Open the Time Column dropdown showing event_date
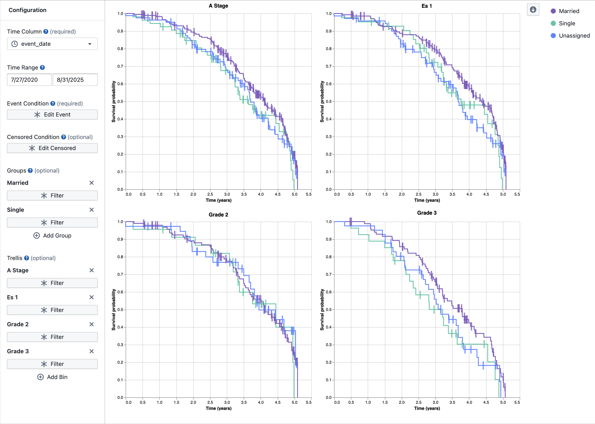point(52,44)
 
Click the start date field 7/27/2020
point(29,80)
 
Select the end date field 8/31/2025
point(75,80)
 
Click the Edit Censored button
point(52,148)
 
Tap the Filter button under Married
point(52,196)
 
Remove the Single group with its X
point(91,210)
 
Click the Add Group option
point(52,236)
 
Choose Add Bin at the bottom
point(52,377)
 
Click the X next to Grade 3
point(91,351)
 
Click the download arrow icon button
point(533,10)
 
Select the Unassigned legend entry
point(574,36)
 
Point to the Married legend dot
point(553,11)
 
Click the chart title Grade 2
point(218,215)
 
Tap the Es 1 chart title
point(427,6)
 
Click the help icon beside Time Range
point(42,68)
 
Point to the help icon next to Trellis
point(27,258)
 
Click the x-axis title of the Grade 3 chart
point(427,408)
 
